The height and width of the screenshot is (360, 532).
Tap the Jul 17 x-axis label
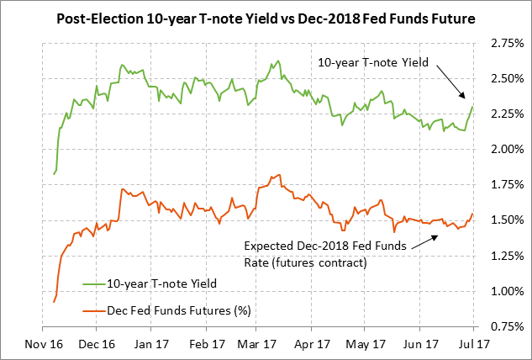[x=474, y=344]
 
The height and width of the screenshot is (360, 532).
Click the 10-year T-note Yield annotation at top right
[x=371, y=62]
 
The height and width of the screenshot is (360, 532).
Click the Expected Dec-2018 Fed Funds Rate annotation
[x=324, y=254]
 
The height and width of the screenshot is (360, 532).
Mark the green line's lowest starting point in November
[x=54, y=174]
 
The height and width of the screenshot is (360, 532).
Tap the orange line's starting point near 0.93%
[x=54, y=301]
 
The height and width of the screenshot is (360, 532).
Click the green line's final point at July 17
[x=473, y=107]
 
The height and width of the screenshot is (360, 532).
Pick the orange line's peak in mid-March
[x=277, y=175]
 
